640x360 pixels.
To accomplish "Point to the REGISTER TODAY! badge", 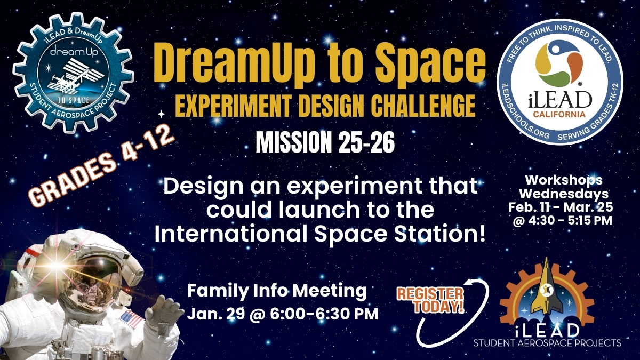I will (x=430, y=300).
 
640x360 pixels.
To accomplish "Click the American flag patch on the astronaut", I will (x=132, y=319).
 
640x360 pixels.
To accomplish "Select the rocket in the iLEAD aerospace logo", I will (x=546, y=291).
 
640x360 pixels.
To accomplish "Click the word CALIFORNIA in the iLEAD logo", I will (x=567, y=114).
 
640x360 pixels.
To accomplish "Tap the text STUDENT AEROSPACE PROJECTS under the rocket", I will (x=547, y=342).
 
